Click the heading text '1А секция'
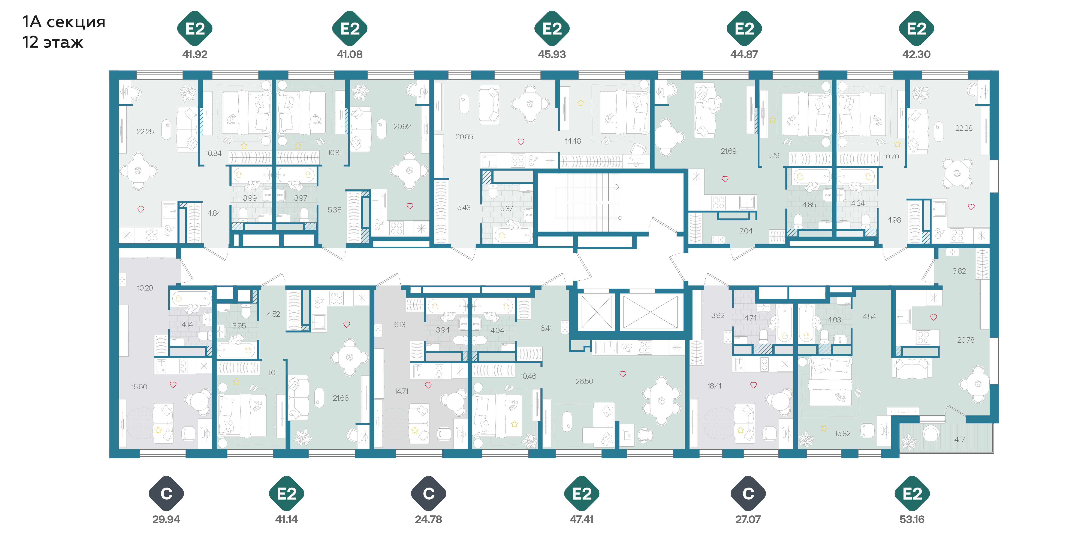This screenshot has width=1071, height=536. click(x=64, y=22)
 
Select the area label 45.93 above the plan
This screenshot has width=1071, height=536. click(x=552, y=54)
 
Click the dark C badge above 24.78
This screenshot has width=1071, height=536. click(x=429, y=494)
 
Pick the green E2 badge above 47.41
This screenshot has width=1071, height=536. click(x=582, y=494)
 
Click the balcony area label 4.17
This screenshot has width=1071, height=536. click(x=960, y=440)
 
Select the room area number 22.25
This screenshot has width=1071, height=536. click(x=145, y=131)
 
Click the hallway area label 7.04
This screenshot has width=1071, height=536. click(x=746, y=231)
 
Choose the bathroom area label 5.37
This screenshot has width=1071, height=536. click(x=506, y=208)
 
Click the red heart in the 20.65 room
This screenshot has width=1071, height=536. click(x=521, y=142)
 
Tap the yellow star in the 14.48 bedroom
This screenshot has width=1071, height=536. click(x=581, y=103)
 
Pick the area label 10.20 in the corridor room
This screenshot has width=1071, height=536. click(x=145, y=288)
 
